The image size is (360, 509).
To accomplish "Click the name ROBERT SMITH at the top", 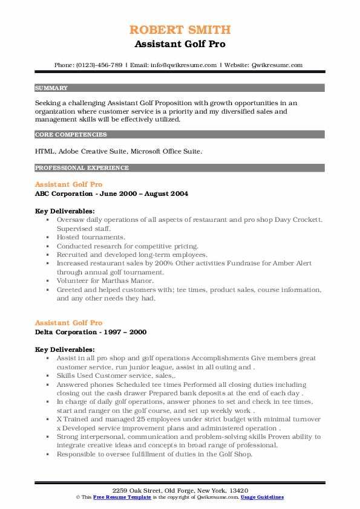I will pos(180,30).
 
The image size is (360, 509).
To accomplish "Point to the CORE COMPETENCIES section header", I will pos(71,135).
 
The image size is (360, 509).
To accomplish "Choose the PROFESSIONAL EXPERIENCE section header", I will pos(82,167).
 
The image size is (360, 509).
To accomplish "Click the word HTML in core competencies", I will pos(44,150).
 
